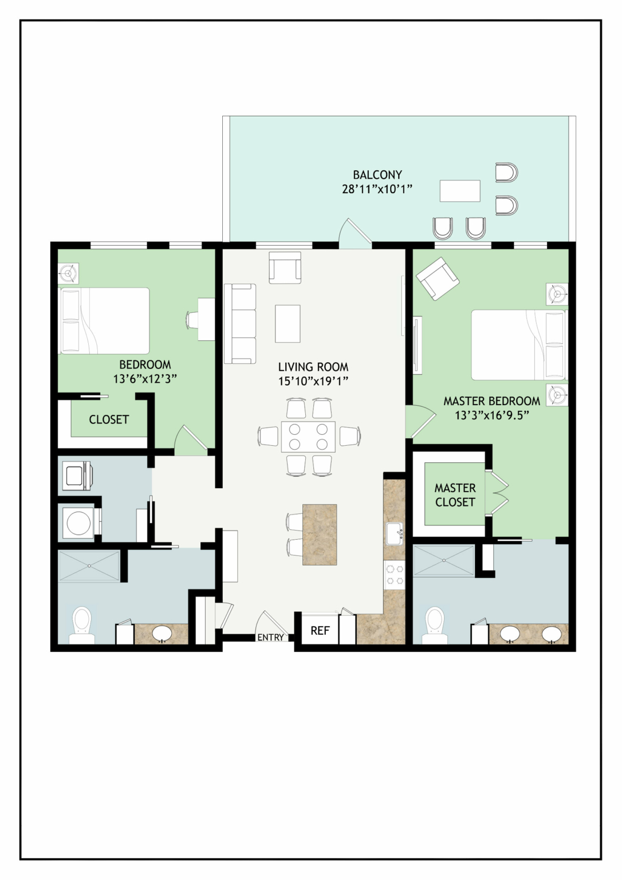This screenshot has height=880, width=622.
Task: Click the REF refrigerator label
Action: click(320, 631)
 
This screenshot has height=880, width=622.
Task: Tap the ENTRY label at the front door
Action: click(270, 637)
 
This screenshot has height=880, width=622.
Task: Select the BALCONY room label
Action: click(377, 174)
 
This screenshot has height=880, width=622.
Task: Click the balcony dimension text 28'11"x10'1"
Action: click(377, 190)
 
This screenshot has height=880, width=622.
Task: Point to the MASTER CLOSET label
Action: click(455, 495)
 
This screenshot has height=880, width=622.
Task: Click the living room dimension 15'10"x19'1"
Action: click(313, 381)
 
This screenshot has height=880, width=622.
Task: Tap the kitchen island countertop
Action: click(320, 535)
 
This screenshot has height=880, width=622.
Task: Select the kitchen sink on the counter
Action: click(394, 534)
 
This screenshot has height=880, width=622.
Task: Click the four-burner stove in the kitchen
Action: click(394, 575)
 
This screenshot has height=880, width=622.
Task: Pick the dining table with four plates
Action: click(308, 437)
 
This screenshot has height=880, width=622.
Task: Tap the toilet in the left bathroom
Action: click(82, 625)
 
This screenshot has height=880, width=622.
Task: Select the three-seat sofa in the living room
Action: click(240, 324)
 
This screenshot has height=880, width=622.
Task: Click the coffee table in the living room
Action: click(288, 324)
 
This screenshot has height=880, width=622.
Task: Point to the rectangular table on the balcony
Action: click(460, 191)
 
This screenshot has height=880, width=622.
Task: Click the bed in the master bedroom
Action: click(519, 345)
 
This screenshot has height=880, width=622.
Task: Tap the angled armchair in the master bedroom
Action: click(438, 278)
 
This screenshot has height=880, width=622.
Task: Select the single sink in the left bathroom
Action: click(162, 633)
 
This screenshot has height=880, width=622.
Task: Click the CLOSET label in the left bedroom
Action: click(109, 419)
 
